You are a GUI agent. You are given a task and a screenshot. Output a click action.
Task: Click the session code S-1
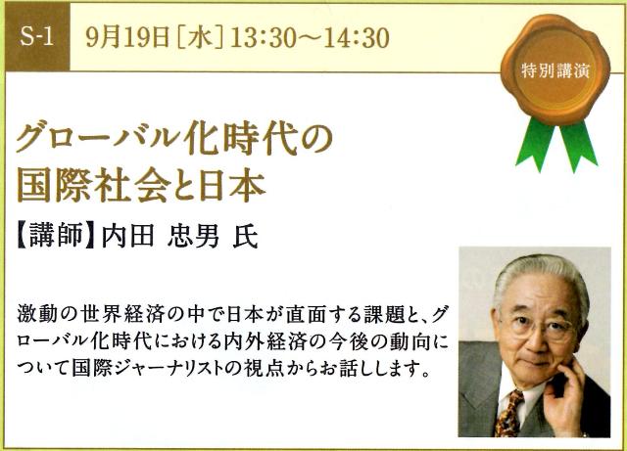tap(36, 37)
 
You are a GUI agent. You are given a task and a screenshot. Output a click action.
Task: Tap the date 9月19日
tap(127, 38)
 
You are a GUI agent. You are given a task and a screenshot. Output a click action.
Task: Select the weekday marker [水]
tap(200, 38)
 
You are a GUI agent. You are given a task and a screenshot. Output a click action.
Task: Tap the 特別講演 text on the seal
tap(555, 71)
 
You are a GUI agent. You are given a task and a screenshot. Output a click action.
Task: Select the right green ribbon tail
tap(578, 145)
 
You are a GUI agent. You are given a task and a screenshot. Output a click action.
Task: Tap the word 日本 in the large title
tap(232, 186)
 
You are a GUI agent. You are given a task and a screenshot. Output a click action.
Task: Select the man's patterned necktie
tap(509, 414)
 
